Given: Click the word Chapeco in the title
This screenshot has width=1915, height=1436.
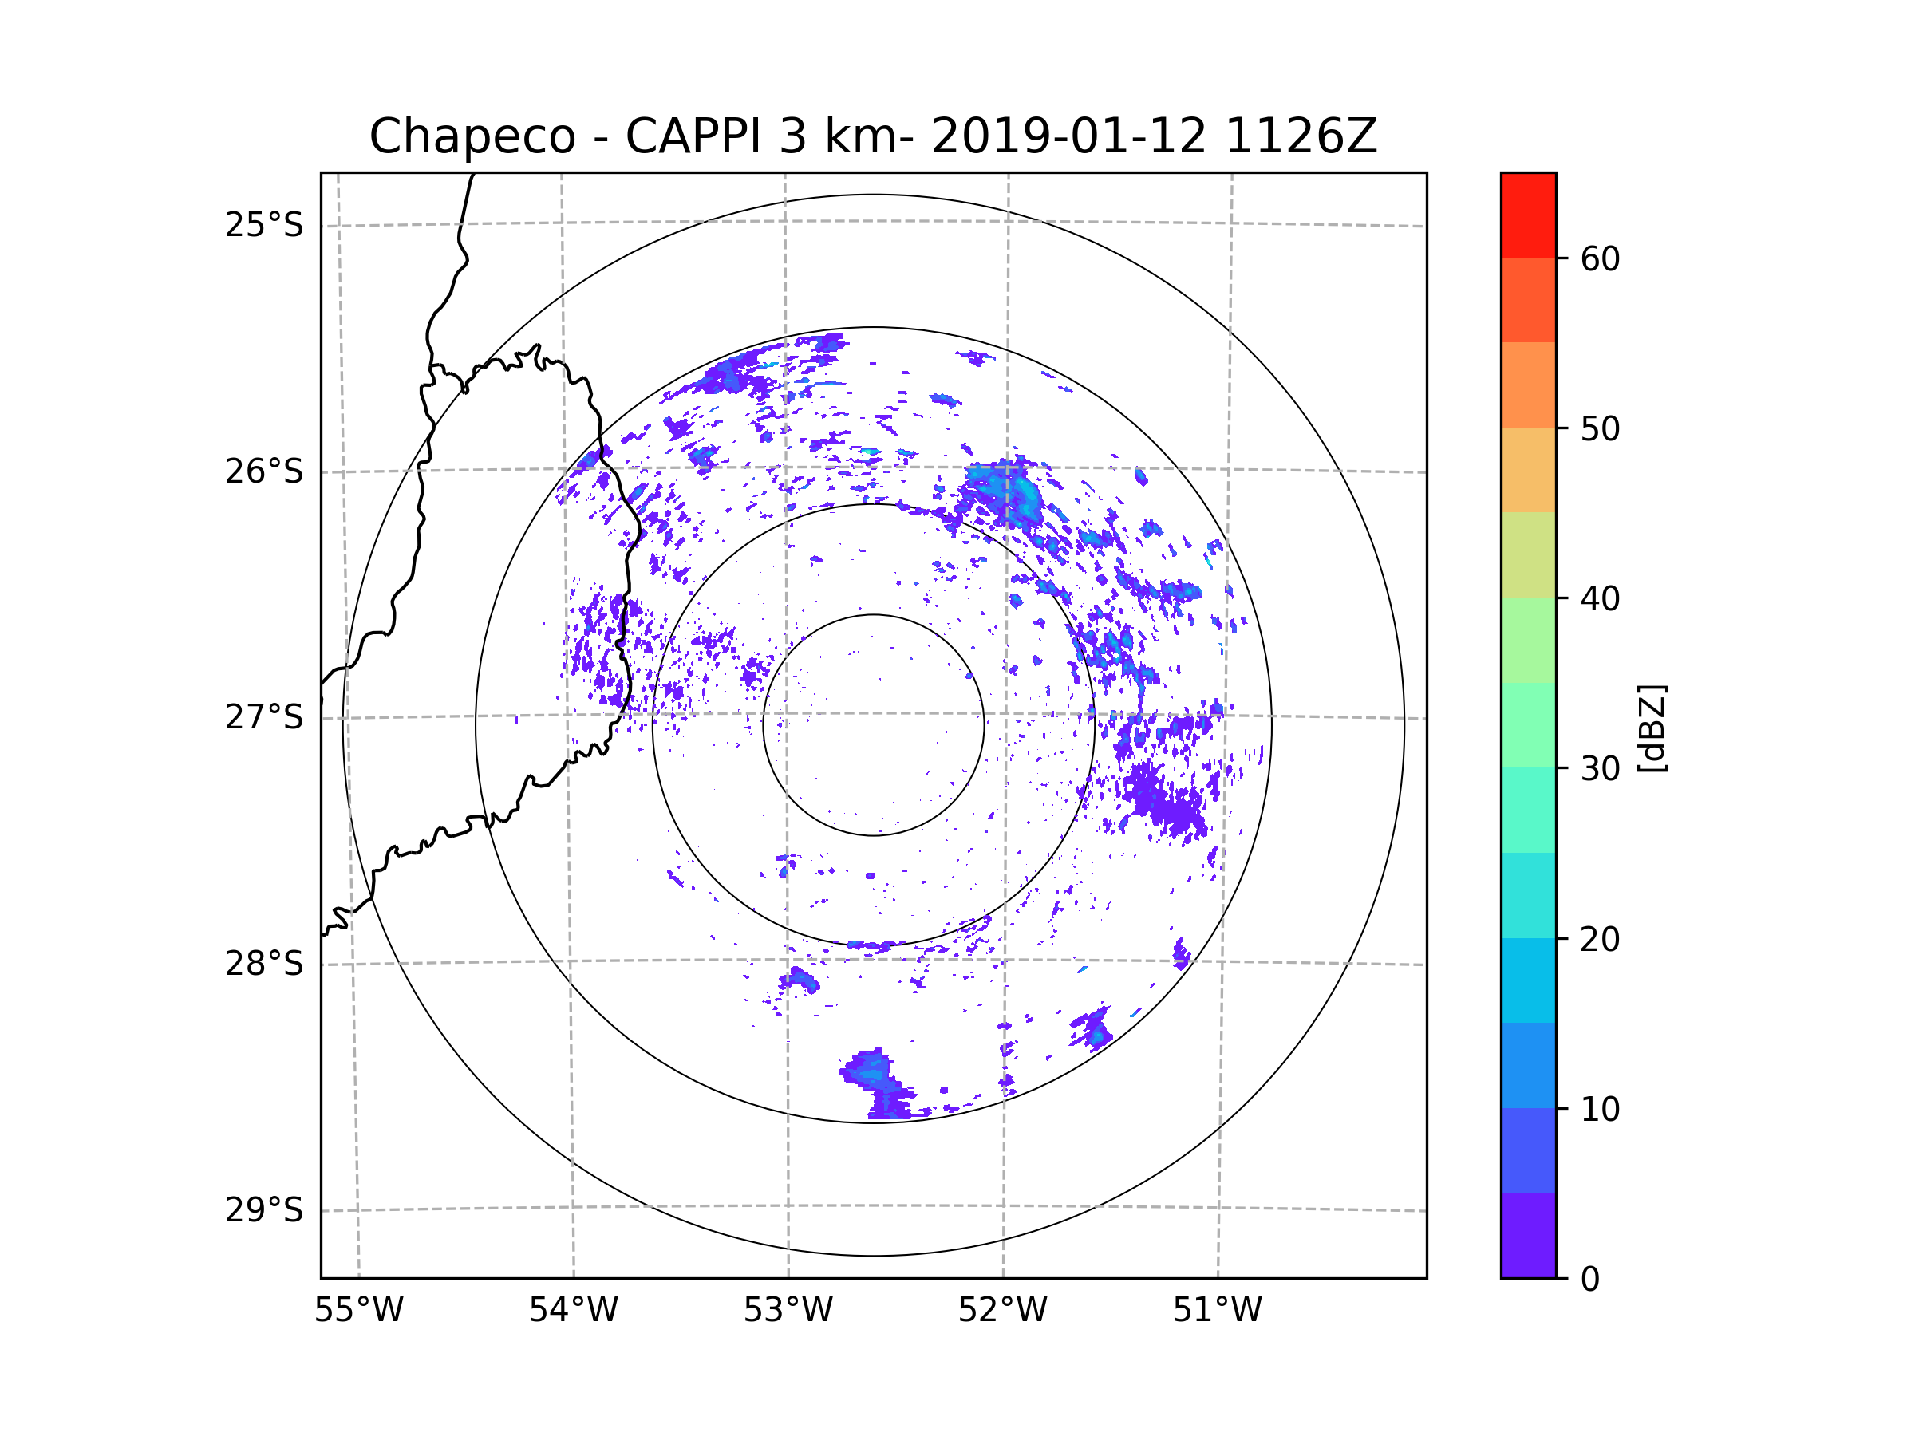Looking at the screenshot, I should [x=472, y=136].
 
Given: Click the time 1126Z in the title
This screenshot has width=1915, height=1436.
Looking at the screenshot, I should [x=1301, y=136].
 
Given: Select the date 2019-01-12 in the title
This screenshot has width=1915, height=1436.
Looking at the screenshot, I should [x=1068, y=136].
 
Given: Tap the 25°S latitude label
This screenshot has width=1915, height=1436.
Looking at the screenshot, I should [x=264, y=225].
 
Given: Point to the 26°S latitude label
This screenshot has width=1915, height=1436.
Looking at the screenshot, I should [x=264, y=471].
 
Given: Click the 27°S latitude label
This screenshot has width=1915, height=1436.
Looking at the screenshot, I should [x=264, y=717].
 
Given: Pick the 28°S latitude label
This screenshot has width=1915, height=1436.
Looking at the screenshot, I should [x=264, y=964].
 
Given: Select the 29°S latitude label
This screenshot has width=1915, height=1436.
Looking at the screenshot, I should [x=264, y=1210].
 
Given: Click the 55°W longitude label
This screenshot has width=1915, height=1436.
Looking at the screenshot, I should [x=358, y=1311].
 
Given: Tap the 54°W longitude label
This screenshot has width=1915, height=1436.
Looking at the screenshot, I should [x=573, y=1311].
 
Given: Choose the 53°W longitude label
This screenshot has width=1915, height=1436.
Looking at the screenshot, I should [x=788, y=1311].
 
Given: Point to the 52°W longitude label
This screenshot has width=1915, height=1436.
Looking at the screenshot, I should [x=1002, y=1311].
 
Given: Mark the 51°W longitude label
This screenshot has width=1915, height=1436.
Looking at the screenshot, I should [x=1217, y=1311].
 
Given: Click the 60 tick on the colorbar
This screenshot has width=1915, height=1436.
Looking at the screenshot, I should [x=1600, y=258].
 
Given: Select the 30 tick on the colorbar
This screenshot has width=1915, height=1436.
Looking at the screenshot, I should [x=1600, y=768].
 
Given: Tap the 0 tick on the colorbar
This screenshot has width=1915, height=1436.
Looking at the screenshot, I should [x=1590, y=1280].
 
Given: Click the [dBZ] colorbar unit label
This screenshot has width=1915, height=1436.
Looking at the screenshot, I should [x=1652, y=728].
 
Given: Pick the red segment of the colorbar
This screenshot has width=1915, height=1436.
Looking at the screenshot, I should [x=1528, y=215].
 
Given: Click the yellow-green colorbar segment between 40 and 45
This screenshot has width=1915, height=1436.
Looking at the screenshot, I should [x=1528, y=554].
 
